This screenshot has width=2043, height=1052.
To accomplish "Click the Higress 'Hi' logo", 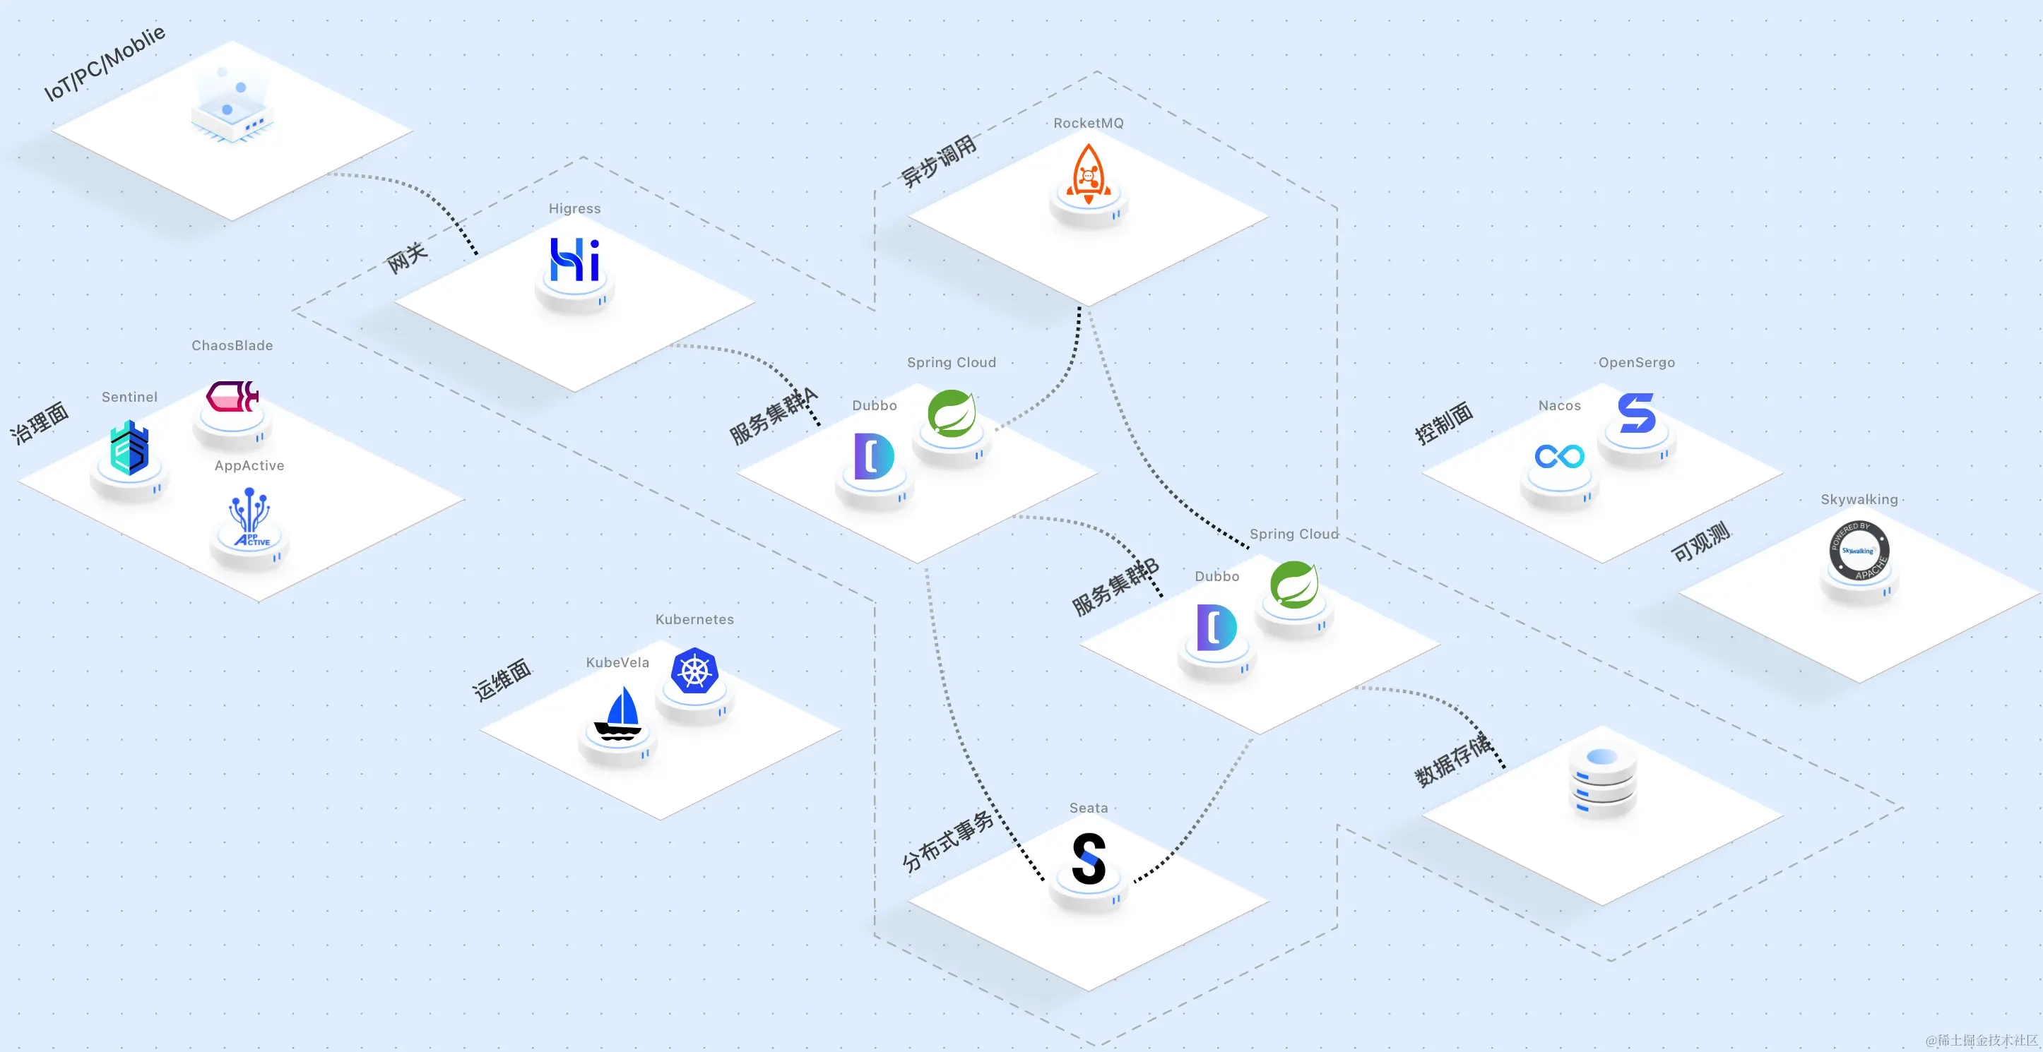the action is [575, 259].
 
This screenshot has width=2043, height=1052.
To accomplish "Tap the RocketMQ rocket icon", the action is [1088, 174].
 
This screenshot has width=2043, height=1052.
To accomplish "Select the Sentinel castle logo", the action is [129, 448].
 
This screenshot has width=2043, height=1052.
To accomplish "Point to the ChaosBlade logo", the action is [232, 396].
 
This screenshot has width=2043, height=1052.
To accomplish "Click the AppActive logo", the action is [250, 518].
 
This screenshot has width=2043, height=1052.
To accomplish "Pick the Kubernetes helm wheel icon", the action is [694, 671].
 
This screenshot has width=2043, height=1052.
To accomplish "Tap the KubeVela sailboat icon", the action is [619, 714].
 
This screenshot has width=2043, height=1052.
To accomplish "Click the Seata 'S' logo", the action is [1089, 859].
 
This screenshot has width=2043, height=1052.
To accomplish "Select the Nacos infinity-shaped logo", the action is [1559, 456].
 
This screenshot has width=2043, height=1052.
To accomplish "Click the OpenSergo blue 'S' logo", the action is [1637, 413].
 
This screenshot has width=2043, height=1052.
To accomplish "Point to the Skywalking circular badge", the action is [1859, 550].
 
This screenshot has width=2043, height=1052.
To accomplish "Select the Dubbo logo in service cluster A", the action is [874, 457].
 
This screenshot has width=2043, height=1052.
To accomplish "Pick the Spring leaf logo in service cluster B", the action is [1294, 585].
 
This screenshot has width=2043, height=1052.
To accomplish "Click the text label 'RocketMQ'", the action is [1088, 123].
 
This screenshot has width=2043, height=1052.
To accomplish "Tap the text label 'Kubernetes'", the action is [694, 619].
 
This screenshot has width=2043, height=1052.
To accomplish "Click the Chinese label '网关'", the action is [407, 258].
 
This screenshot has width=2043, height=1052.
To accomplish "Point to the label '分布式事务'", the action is [948, 841].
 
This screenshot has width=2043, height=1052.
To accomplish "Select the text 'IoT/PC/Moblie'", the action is [105, 63].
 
